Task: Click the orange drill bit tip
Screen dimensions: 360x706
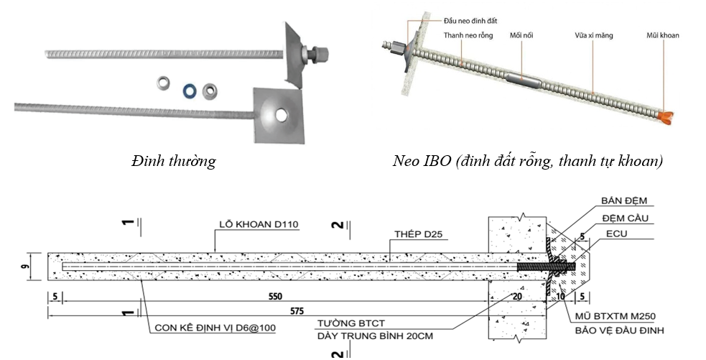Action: (666, 114)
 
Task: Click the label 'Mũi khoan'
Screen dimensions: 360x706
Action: (662, 35)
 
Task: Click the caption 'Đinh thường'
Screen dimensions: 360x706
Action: (173, 161)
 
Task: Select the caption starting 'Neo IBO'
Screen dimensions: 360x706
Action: (528, 161)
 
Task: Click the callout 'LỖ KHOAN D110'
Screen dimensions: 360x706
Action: (258, 224)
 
